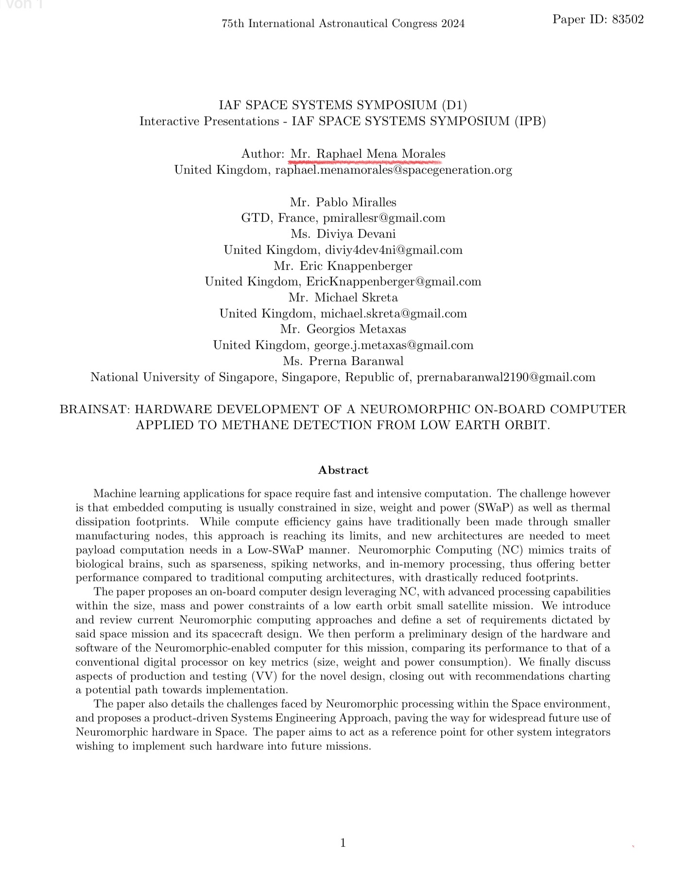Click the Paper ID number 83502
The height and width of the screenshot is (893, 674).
628,19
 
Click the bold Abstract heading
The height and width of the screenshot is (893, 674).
343,470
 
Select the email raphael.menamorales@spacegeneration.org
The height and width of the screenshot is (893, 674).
394,170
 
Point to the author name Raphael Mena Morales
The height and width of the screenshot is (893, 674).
380,154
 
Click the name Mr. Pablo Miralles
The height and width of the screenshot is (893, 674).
343,202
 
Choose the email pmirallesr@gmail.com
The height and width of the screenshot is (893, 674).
384,218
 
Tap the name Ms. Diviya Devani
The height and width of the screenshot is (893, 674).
343,234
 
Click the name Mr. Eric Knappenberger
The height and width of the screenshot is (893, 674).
343,266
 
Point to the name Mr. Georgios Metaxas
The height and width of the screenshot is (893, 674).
343,329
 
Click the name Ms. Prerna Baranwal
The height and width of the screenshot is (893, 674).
343,361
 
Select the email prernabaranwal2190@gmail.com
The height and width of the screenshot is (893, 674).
506,377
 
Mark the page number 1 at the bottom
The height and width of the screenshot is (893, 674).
343,843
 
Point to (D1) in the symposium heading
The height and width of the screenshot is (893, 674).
454,105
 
